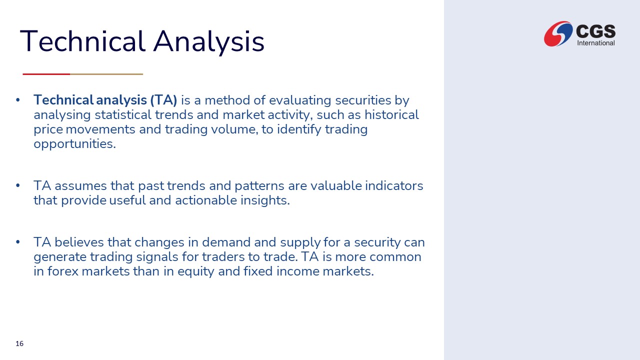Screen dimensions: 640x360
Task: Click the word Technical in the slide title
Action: tap(82, 41)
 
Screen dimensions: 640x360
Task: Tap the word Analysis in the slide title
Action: tap(209, 42)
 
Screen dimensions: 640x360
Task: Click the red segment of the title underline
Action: tap(46, 74)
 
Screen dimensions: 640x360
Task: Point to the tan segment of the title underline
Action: tap(106, 74)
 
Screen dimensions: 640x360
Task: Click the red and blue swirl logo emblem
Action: tap(558, 33)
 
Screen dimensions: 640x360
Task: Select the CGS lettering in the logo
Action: tap(595, 31)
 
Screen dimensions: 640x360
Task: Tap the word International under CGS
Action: tap(595, 43)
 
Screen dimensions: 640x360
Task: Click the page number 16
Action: tap(19, 343)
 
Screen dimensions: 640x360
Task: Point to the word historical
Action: tap(391, 115)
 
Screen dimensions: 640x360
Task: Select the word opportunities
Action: tap(75, 144)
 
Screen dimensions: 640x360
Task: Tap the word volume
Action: tap(234, 129)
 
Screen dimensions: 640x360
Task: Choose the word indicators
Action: tap(394, 185)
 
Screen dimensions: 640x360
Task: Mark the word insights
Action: tap(265, 200)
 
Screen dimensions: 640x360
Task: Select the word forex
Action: tap(63, 271)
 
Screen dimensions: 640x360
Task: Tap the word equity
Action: tap(195, 271)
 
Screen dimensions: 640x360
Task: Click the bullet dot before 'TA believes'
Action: tap(17, 242)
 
